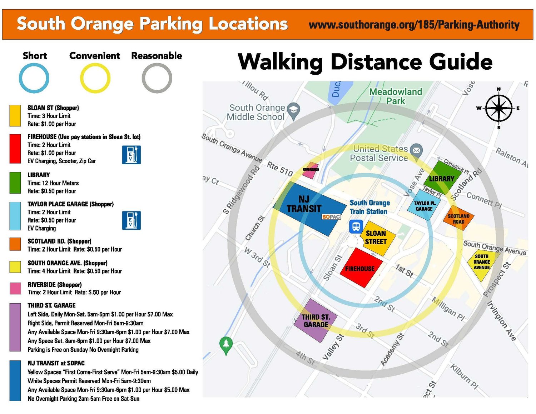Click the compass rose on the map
pos(498,108)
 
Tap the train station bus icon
pos(356,226)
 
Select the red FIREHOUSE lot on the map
pos(361,268)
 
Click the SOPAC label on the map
pos(331,216)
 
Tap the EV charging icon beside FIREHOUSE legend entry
pos(131,155)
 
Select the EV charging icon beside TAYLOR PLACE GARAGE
pos(131,220)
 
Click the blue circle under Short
pos(34,78)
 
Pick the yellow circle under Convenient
pos(95,78)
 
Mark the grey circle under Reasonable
pos(157,78)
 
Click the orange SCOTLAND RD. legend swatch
pos(15,244)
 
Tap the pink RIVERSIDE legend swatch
pos(15,288)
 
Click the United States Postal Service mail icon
pos(416,150)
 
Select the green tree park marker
pos(226,344)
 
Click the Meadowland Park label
pos(396,96)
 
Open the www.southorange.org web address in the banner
pos(414,25)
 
